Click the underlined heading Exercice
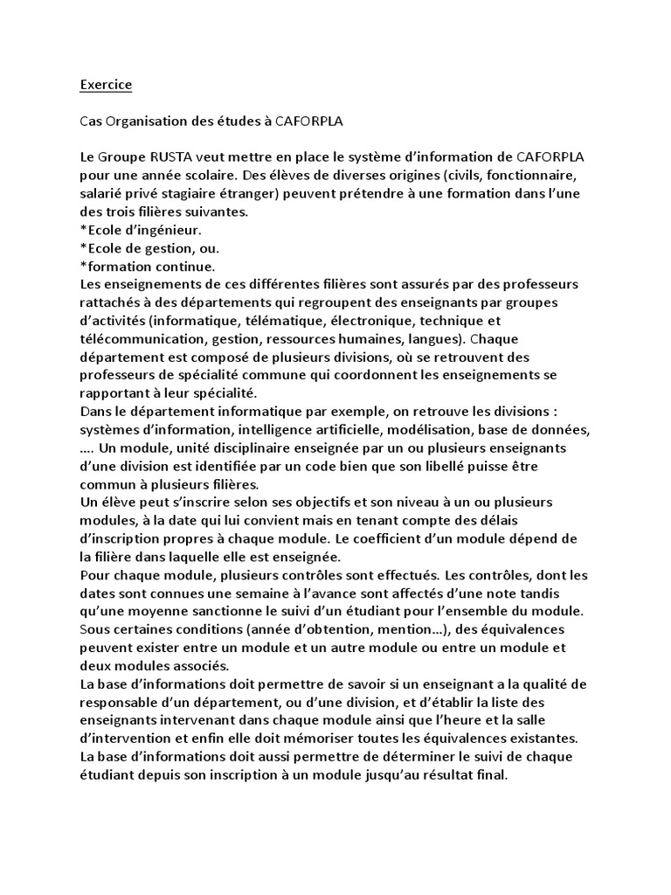click(x=106, y=86)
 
